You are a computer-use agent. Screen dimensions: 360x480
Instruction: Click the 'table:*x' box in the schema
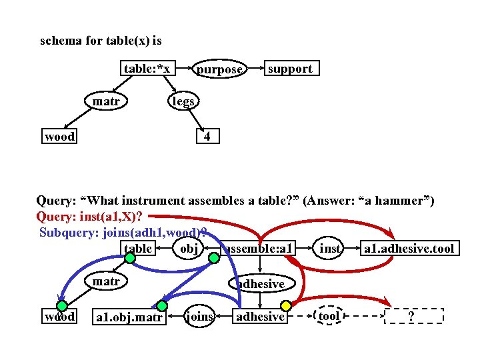[147, 69]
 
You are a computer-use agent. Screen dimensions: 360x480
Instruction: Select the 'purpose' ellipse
[219, 69]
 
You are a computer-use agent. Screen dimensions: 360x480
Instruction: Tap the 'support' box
[289, 69]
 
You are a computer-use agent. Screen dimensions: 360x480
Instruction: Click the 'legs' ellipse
[183, 101]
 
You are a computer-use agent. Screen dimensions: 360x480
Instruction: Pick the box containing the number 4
[207, 137]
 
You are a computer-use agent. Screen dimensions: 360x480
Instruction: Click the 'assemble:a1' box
[259, 249]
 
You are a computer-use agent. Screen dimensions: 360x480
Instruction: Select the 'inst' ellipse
[331, 249]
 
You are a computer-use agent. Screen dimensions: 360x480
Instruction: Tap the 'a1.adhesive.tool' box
[409, 249]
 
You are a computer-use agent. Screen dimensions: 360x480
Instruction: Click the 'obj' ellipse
[188, 249]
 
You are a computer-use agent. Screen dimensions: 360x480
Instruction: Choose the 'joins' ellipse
[199, 316]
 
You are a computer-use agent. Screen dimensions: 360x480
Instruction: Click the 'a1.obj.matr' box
[129, 317]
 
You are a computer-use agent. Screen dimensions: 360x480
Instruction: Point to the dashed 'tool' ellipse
[329, 316]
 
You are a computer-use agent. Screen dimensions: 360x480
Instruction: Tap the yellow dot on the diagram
[285, 305]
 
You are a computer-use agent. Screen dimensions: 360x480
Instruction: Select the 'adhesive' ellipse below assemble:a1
[261, 283]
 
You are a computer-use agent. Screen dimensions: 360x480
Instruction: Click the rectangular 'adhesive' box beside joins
[260, 316]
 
